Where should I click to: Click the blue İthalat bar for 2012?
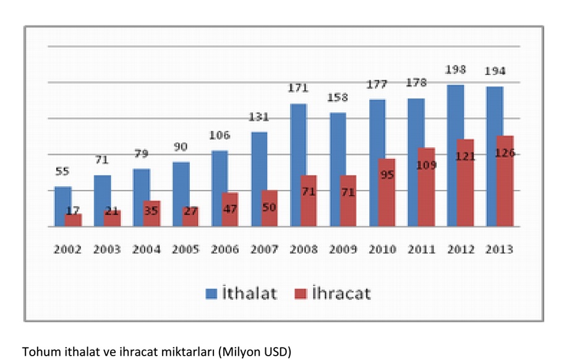456,155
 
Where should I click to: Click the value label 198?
456,69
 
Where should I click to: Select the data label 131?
260,116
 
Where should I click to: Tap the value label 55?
62,171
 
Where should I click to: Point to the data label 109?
427,165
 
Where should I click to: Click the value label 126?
505,153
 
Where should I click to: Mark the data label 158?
338,98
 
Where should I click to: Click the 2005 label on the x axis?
186,250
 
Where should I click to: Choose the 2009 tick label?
344,250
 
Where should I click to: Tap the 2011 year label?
423,250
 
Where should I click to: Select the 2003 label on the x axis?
107,250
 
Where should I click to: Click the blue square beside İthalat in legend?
211,294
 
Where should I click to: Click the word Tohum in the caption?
39,351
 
